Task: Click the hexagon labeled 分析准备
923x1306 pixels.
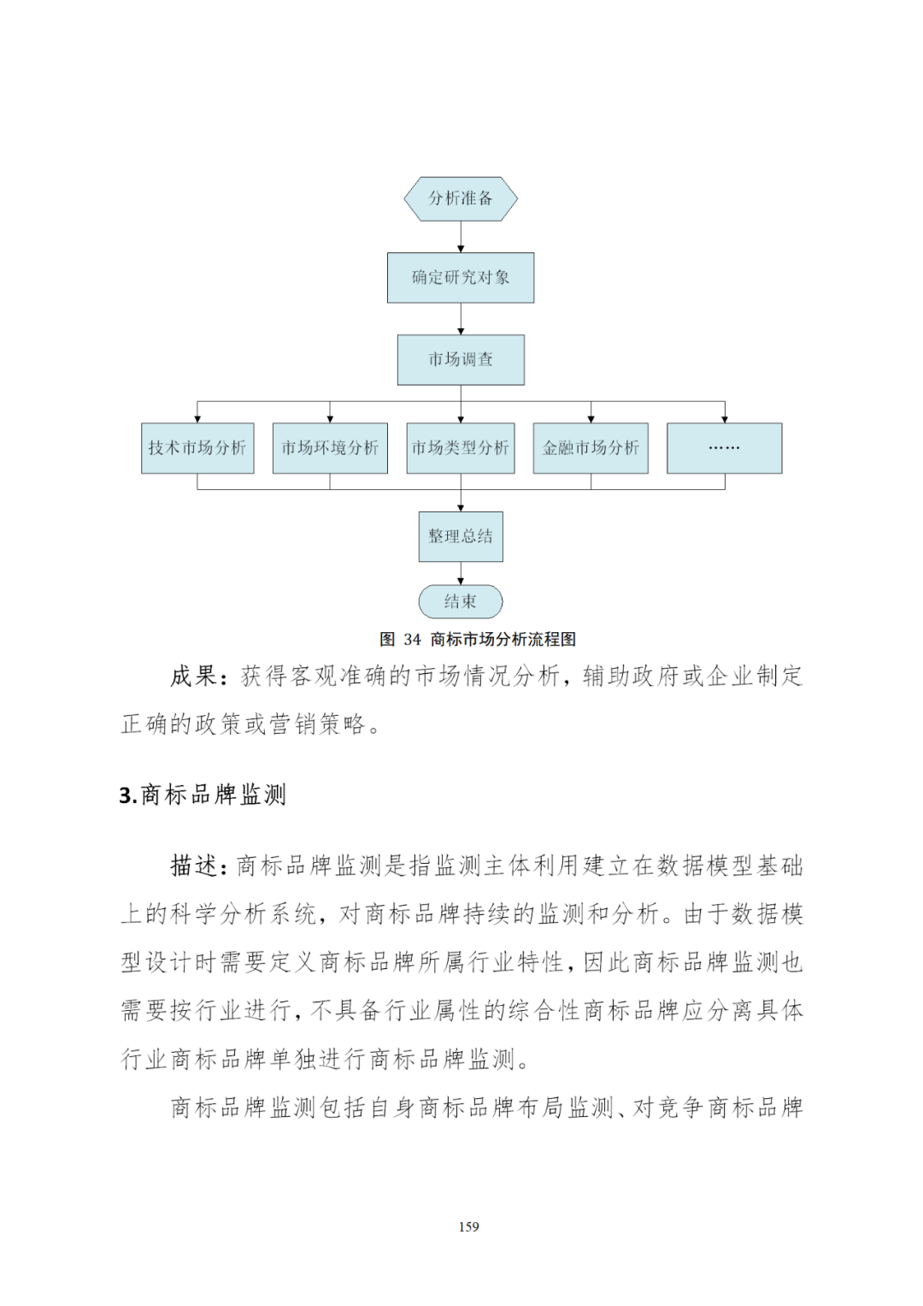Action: pos(461,198)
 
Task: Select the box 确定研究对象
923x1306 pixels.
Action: pos(461,277)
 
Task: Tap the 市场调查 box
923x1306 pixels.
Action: pos(461,359)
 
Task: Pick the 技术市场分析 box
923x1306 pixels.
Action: pos(197,448)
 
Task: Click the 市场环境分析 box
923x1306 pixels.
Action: pos(330,448)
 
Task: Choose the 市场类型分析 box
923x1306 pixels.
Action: pos(461,448)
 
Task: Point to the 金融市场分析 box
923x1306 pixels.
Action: pos(591,448)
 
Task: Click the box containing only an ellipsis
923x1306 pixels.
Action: pos(724,448)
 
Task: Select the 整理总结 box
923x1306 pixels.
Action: pos(461,536)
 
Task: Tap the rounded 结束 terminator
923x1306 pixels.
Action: pos(461,601)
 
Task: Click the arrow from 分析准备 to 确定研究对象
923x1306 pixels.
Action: pos(461,236)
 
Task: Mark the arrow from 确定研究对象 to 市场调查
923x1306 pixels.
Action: pos(461,318)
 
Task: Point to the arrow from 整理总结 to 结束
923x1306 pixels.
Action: pos(461,573)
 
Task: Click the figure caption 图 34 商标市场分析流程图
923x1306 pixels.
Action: pos(477,639)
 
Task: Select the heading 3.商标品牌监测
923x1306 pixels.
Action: pos(203,795)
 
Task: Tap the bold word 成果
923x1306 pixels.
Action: pos(193,677)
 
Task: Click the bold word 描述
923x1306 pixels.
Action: pos(193,866)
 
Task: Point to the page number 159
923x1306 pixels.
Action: pos(468,1226)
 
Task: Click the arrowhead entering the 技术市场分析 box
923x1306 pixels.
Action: pos(197,419)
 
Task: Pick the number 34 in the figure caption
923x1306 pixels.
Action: pos(413,640)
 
